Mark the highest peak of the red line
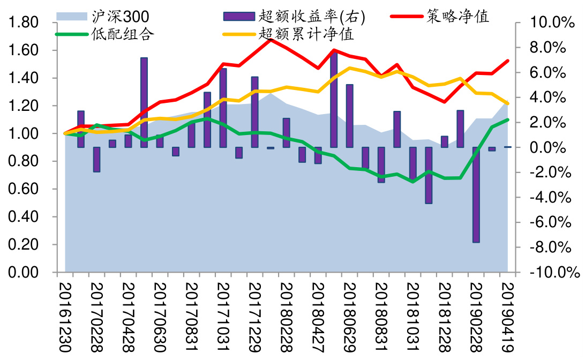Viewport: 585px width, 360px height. point(271,39)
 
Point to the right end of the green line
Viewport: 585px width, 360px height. point(507,119)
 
